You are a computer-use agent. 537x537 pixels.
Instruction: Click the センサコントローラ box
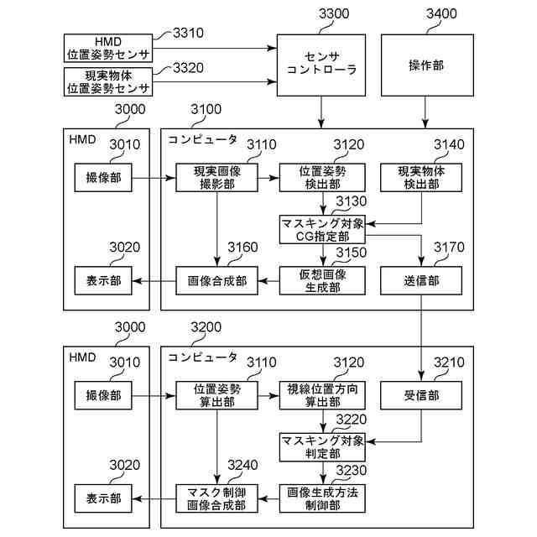[x=321, y=65]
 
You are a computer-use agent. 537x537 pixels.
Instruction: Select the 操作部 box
[x=425, y=65]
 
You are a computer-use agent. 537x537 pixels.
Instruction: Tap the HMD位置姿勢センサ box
[x=108, y=47]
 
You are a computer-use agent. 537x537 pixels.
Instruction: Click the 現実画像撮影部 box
[x=217, y=178]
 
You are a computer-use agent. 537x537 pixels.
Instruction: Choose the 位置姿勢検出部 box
[x=322, y=178]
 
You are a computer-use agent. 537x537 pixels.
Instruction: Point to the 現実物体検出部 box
[x=425, y=178]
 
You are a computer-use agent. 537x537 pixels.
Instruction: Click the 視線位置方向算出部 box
[x=322, y=394]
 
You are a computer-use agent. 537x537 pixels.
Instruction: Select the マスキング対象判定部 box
[x=322, y=446]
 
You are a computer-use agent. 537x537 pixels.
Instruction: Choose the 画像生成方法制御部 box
[x=322, y=498]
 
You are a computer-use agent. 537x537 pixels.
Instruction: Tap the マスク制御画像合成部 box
[x=217, y=498]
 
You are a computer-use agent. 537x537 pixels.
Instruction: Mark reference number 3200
[x=206, y=327]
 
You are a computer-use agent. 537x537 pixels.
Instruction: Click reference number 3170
[x=449, y=248]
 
